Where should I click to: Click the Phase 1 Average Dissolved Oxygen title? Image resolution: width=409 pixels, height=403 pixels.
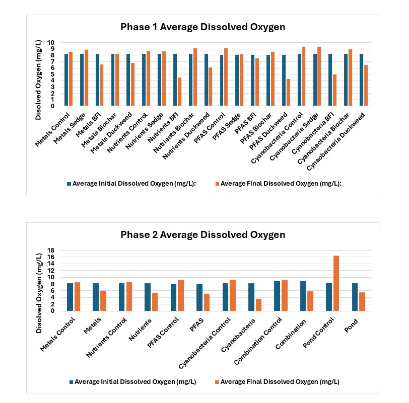[x=202, y=27]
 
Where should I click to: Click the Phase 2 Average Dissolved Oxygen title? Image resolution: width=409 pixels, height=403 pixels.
[x=202, y=235]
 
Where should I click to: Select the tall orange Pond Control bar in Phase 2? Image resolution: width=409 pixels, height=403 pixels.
[x=336, y=283]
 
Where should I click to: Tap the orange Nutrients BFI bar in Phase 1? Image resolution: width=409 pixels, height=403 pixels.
[x=179, y=92]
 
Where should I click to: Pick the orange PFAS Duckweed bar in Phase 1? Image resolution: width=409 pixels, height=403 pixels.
[x=288, y=93]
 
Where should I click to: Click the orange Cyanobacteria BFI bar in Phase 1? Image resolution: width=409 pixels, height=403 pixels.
[x=334, y=90]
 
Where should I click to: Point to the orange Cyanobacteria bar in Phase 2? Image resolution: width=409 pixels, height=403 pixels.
[x=258, y=305]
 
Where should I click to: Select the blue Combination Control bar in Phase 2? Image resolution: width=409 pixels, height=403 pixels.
[x=277, y=296]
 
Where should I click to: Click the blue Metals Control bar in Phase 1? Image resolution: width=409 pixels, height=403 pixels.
[x=66, y=79]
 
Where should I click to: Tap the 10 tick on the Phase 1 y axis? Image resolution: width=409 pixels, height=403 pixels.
[x=50, y=42]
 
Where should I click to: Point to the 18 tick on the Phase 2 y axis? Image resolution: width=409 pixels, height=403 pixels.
[x=50, y=251]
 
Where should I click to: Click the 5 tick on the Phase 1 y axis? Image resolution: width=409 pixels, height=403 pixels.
[x=52, y=74]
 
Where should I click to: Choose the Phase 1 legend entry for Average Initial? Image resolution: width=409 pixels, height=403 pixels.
[x=131, y=184]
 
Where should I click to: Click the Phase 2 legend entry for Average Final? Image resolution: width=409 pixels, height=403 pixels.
[x=277, y=382]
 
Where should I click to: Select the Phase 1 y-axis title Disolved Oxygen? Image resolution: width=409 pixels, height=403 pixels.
[x=38, y=79]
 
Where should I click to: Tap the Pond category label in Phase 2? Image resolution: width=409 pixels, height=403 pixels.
[x=351, y=326]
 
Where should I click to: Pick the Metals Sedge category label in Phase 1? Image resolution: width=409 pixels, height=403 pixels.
[x=70, y=128]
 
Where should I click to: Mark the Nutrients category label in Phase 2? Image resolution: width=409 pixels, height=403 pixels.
[x=140, y=330]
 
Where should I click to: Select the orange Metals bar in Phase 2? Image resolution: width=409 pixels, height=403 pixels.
[x=103, y=301]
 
